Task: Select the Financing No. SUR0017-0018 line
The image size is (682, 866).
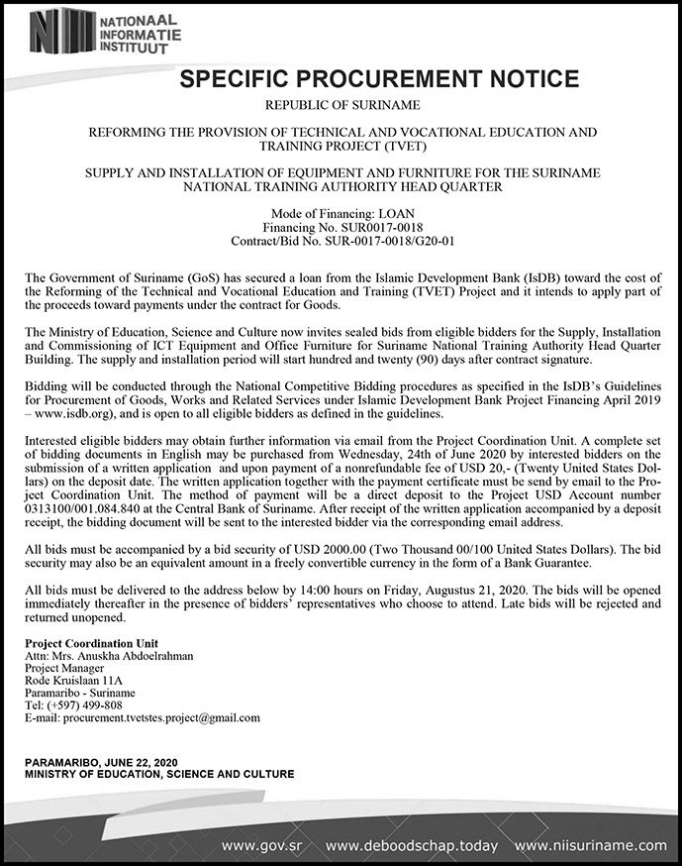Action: click(x=342, y=228)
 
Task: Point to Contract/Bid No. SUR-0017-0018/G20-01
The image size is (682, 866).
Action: click(x=342, y=241)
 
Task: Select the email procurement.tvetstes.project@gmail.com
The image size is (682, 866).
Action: click(x=158, y=717)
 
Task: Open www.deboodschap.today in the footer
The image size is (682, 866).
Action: click(x=412, y=845)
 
